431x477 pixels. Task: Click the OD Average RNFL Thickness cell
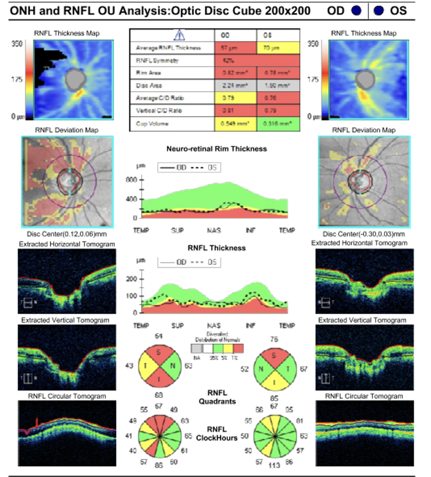[235, 48]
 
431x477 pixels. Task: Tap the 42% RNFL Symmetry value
[235, 61]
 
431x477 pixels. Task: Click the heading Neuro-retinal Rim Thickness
[217, 149]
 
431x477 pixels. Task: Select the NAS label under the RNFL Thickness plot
[214, 326]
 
